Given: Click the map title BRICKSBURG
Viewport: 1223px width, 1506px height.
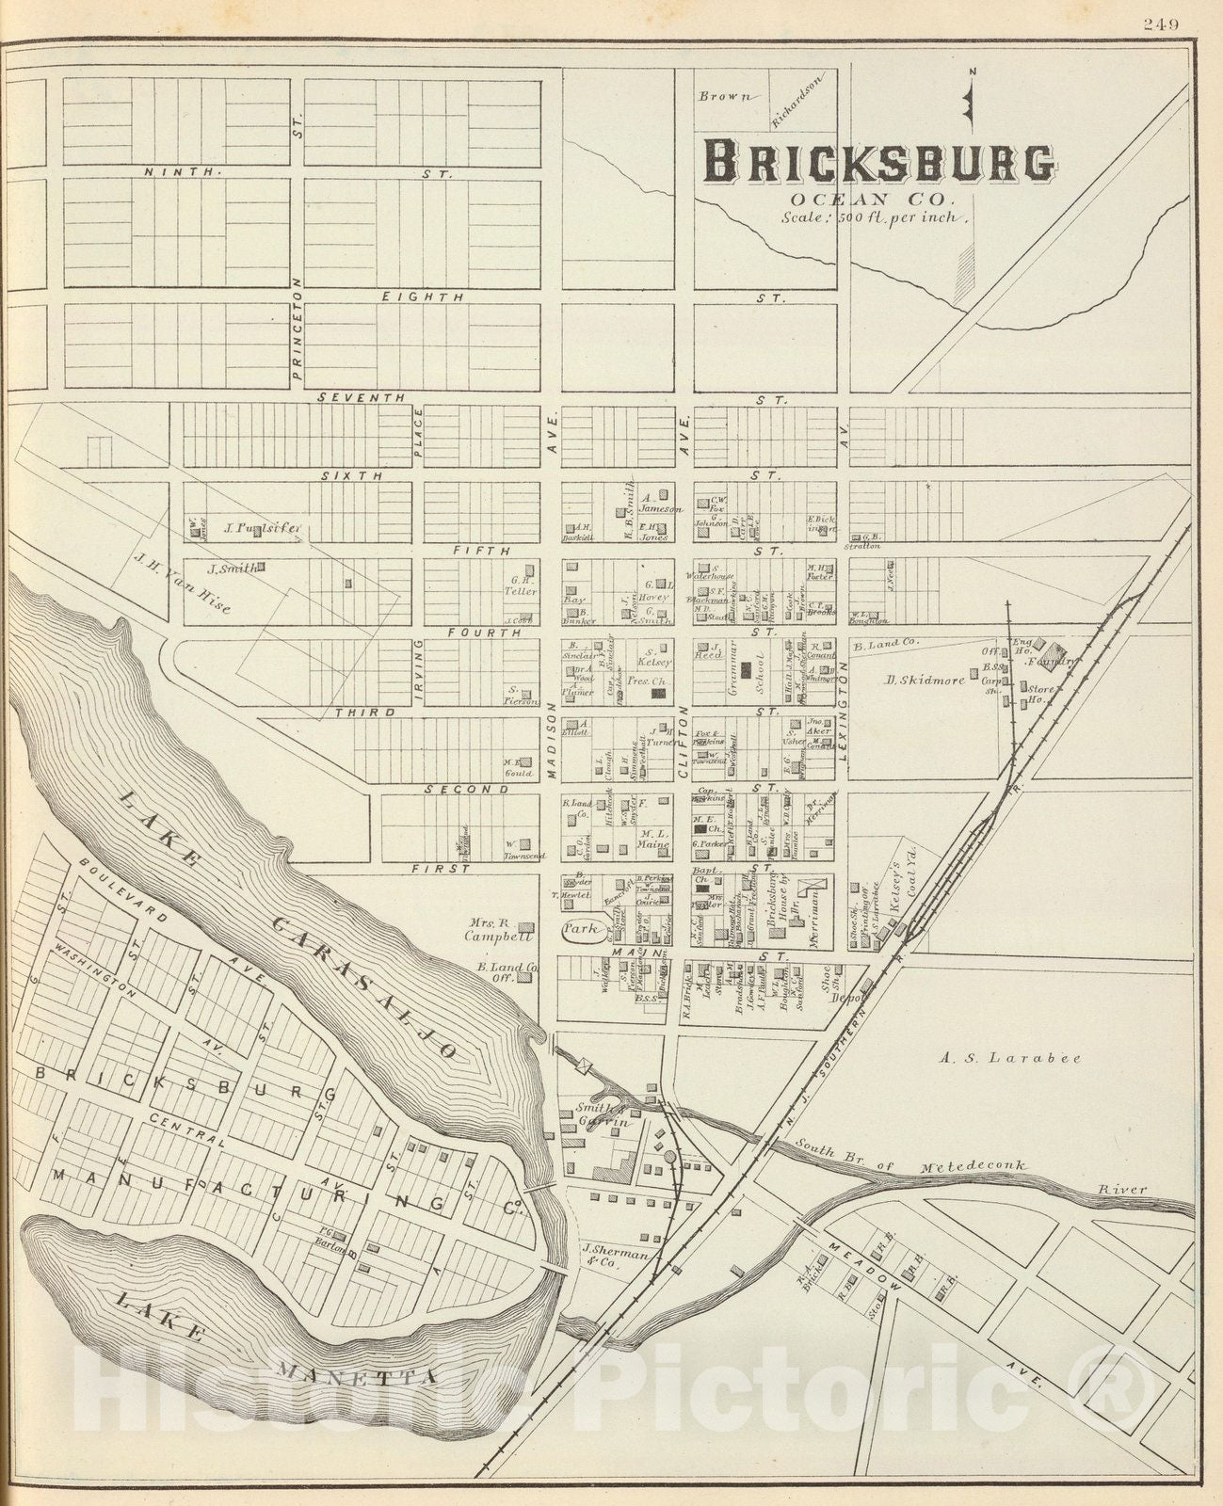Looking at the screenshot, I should coord(879,162).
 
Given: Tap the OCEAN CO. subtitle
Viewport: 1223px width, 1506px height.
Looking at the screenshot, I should coord(872,199).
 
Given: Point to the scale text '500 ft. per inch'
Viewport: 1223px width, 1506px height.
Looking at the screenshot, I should coord(875,216).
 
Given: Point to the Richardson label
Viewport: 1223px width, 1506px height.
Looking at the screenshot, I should coord(797,102).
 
